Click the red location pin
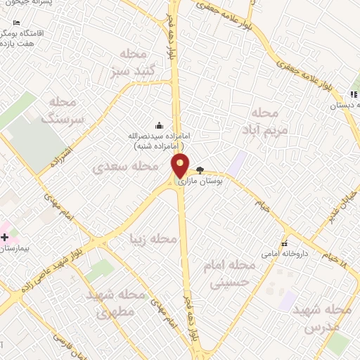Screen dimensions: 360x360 [181, 165]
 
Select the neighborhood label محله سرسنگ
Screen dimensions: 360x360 [63, 110]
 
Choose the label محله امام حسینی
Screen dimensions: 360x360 [229, 273]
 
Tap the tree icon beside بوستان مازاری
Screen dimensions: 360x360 [200, 170]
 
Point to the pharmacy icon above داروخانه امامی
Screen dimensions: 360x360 [285, 243]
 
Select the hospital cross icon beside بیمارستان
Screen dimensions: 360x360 [5, 237]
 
